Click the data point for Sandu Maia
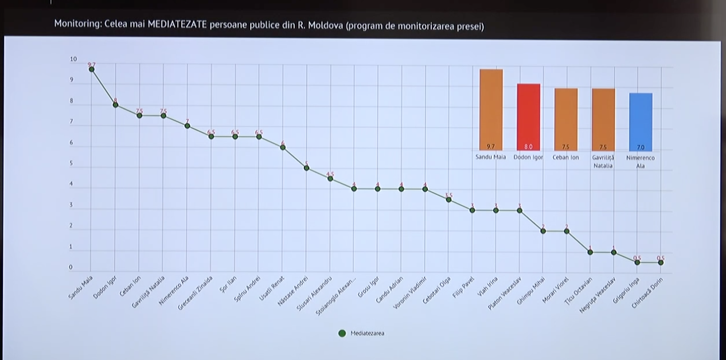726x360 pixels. pos(91,69)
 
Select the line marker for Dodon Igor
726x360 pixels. pos(115,105)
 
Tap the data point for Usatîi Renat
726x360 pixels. pos(283,147)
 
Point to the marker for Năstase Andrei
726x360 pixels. pos(306,168)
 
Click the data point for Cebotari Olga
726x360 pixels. pos(448,199)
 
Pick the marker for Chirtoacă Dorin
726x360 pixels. pos(661,263)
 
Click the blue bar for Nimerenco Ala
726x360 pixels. pos(641,121)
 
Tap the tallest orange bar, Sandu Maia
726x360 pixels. pos(491,109)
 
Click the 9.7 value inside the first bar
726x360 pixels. pos(491,147)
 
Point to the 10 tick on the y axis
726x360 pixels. pos(73,59)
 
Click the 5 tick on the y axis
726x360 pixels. pos(72,163)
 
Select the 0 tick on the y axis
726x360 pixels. pos(72,268)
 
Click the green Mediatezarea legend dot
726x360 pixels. pos(342,333)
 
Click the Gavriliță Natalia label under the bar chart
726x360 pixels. pos(603,161)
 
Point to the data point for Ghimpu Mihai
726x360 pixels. pos(543,231)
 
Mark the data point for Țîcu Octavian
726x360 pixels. pos(590,252)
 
